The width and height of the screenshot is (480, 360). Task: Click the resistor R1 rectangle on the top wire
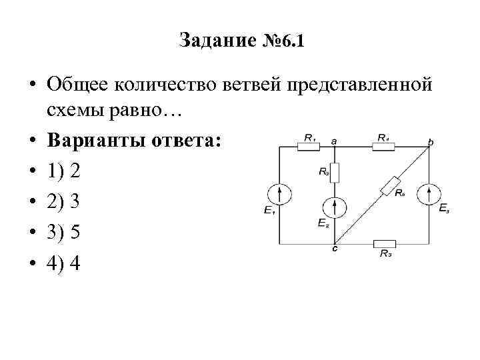pos(309,147)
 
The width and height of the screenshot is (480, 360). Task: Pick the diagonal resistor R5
pos(391,185)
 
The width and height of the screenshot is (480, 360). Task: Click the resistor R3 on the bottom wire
pos(385,244)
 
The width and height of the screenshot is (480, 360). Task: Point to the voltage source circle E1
pos(279,195)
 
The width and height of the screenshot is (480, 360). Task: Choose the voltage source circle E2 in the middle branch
pos(335,207)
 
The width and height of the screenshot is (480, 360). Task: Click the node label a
pos(334,140)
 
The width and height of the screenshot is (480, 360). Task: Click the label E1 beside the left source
pos(269,211)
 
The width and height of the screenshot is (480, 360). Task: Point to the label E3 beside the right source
pos(444,209)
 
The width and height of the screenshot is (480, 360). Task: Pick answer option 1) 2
pos(65,172)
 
